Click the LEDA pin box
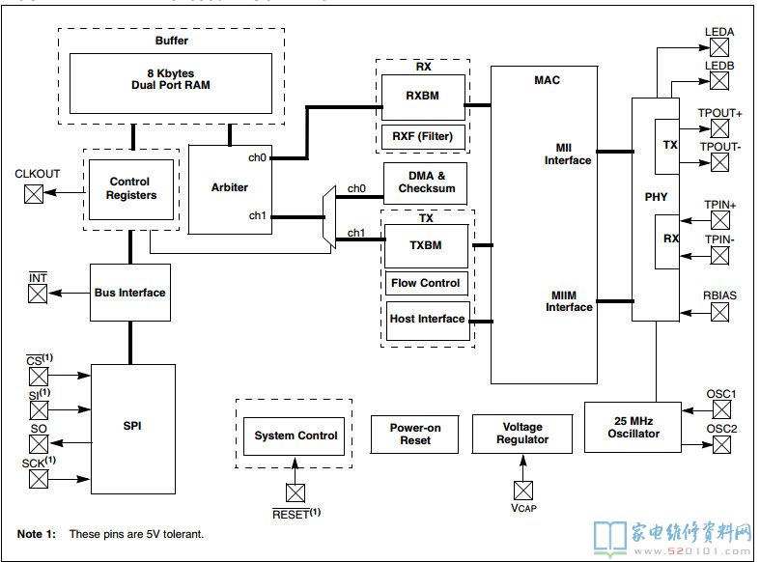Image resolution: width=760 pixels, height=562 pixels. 719,47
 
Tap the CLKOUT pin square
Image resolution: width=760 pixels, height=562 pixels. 34,194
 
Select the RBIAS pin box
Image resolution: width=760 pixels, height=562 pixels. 719,313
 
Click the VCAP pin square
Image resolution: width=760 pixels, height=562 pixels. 523,491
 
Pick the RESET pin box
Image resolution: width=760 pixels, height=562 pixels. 296,493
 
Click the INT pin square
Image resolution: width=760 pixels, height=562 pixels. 38,294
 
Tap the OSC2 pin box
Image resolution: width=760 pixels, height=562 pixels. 721,444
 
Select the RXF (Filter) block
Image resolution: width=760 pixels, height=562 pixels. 423,137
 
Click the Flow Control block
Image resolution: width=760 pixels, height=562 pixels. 427,283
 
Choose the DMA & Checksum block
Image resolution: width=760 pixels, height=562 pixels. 426,183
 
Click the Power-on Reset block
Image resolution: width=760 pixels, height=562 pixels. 414,435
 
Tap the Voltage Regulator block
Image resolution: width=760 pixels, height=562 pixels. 522,434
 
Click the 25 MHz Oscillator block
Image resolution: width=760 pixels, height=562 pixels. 633,428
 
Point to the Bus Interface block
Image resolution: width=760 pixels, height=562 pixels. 130,293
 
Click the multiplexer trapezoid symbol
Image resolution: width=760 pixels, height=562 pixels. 329,217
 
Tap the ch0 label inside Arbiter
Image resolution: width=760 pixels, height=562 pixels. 257,158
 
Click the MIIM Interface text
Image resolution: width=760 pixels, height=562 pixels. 569,301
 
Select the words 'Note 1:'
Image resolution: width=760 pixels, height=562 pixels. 37,534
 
